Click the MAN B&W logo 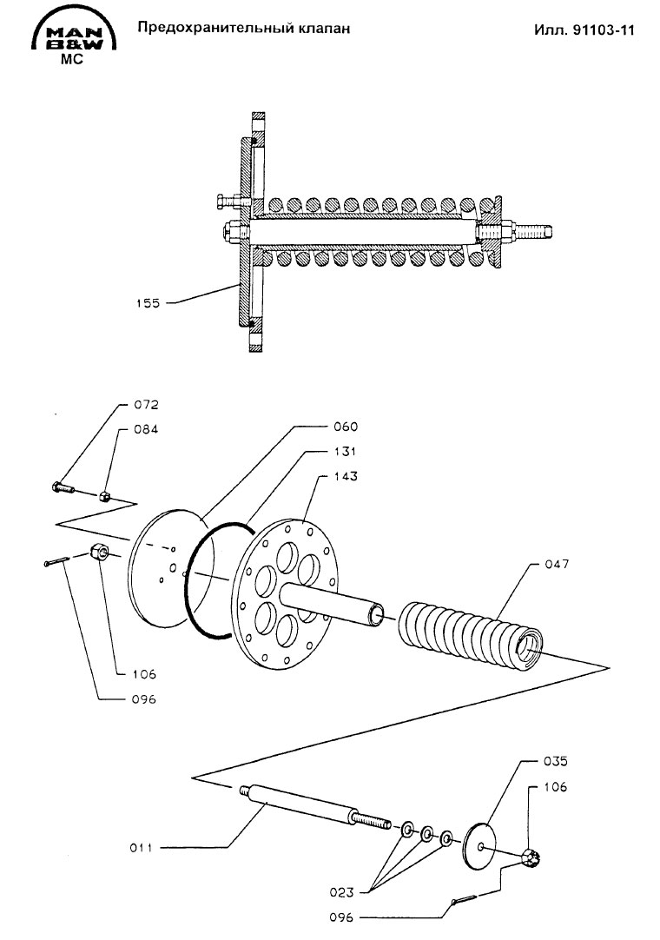pos(73,35)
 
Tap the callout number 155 pos(148,303)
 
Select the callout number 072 pos(146,405)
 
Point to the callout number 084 pos(146,429)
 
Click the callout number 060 pos(346,427)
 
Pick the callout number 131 pos(346,452)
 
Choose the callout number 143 pos(346,476)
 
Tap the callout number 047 pos(557,564)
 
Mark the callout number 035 pos(555,761)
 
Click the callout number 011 pos(141,848)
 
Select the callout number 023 pos(341,892)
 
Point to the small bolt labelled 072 pos(63,487)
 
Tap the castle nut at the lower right pos(532,860)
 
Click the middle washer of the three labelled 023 pos(426,832)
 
